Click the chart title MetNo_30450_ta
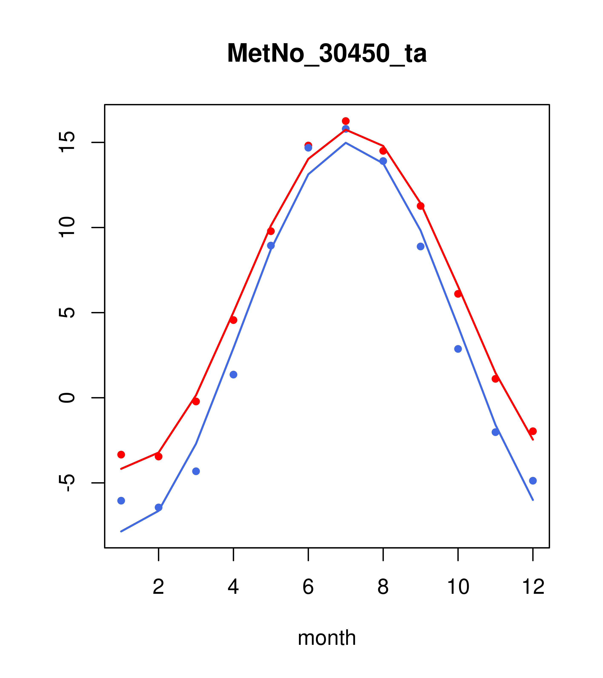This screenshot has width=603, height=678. coord(327,53)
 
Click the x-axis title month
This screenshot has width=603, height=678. coord(327,638)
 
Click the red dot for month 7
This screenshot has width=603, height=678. coord(346,121)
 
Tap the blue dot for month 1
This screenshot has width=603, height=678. coord(121,501)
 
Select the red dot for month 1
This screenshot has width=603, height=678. coord(121,454)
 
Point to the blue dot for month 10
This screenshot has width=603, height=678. coord(458,349)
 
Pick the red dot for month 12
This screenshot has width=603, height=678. coord(533,431)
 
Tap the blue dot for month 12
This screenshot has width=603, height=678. coord(533,481)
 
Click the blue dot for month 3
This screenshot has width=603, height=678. coord(196,471)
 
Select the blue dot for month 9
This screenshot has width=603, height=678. coord(420,246)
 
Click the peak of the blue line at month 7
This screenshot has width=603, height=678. coord(346,143)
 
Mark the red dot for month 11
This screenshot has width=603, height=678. coord(496,379)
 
